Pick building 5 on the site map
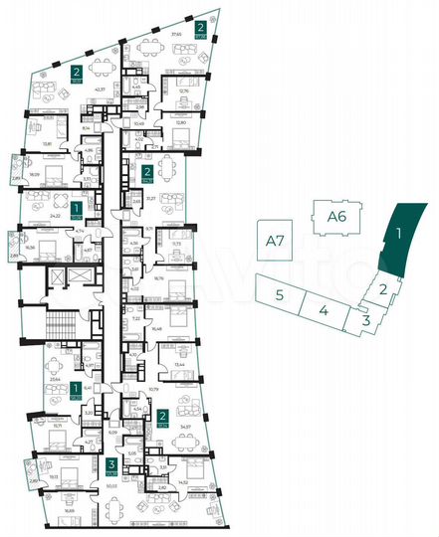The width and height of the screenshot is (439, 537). click(x=282, y=294)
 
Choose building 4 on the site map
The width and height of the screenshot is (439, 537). click(x=325, y=310)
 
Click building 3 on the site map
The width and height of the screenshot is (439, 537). click(x=366, y=320)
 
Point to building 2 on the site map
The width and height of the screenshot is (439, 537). click(x=382, y=289)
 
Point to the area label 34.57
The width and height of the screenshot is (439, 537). click(x=183, y=426)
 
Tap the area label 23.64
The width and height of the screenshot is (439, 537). click(x=53, y=380)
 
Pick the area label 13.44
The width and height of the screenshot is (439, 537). click(x=180, y=365)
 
